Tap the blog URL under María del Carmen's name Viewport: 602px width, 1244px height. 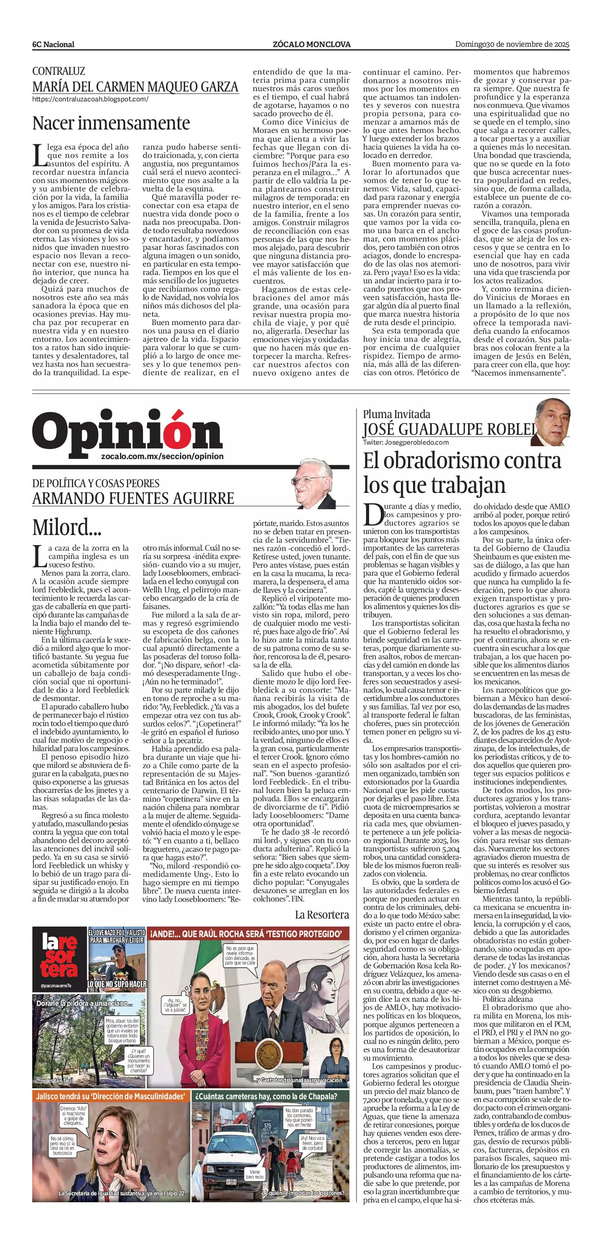pos(90,99)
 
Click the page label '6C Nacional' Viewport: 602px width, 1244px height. pos(53,44)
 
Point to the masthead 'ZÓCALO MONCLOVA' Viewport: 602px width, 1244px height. pos(311,44)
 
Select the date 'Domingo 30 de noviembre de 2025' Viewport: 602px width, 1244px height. pos(512,44)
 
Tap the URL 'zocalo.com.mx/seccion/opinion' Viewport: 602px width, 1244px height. pos(163,456)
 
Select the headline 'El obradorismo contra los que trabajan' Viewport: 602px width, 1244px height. pos(462,473)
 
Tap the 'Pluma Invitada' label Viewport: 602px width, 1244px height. pos(396,414)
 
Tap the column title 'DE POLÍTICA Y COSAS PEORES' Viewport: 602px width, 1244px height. pos(96,483)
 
